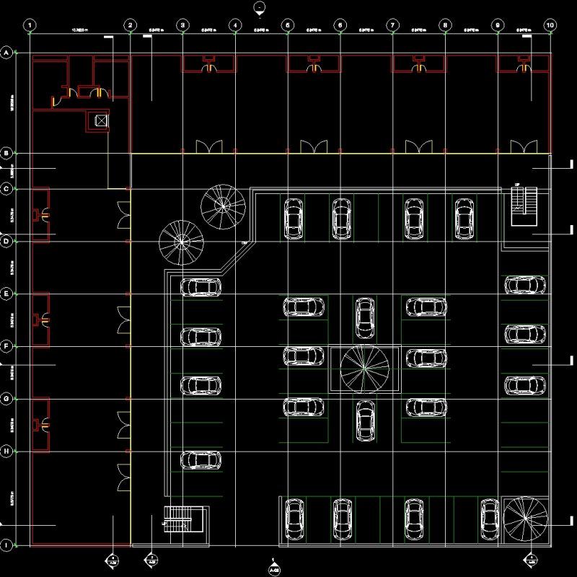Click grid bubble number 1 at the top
[29, 25]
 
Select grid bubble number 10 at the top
[550, 25]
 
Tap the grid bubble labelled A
[7, 53]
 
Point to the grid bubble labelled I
[7, 545]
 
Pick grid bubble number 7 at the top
[392, 25]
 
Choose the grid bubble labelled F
[7, 347]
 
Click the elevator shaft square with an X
[101, 120]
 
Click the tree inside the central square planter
[365, 368]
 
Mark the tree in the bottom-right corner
[524, 519]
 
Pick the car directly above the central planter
[365, 317]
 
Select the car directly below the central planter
[365, 420]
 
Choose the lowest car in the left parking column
[201, 459]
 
